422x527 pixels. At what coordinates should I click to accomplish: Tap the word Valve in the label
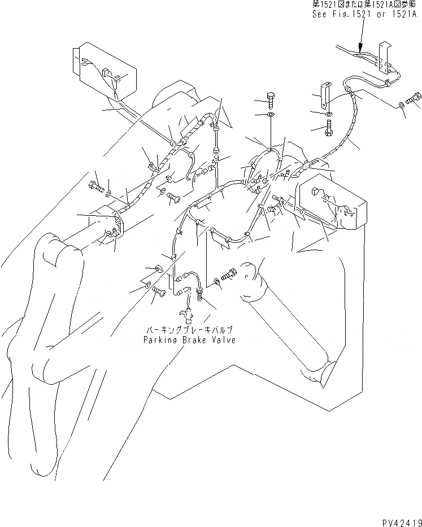(x=221, y=340)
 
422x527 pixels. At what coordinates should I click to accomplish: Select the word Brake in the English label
(x=192, y=340)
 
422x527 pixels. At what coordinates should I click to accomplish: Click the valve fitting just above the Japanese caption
(x=184, y=312)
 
